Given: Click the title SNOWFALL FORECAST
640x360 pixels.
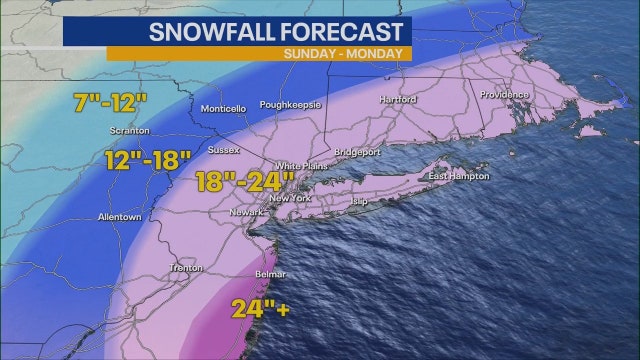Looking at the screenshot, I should click(276, 31).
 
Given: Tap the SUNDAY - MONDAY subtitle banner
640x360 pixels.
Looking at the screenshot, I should click(343, 53).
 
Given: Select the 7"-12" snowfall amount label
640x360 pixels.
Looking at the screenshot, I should click(111, 102).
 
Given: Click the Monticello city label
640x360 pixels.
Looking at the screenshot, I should click(223, 109).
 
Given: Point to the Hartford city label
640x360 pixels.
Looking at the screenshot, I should click(397, 100).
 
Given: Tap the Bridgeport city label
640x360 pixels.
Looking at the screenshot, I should click(358, 152).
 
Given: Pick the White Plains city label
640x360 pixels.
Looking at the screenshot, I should click(299, 166).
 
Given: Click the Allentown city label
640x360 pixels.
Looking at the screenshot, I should click(120, 217).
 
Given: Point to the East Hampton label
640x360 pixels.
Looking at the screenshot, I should click(459, 177).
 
